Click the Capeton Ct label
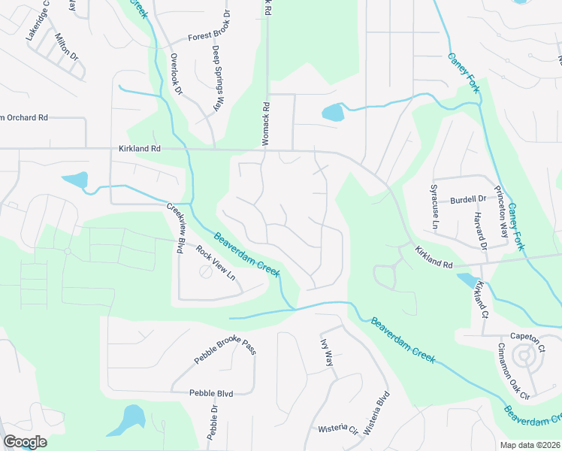526,338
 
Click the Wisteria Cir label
337,429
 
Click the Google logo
25,441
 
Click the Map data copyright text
530,445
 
